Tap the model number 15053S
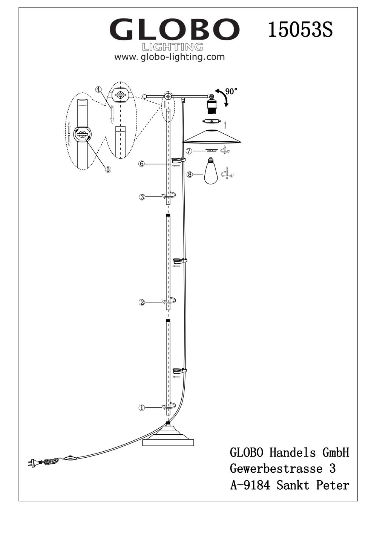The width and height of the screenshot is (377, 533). click(x=300, y=29)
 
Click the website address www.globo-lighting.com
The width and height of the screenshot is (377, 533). click(x=169, y=57)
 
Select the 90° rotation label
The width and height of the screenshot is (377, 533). click(x=231, y=92)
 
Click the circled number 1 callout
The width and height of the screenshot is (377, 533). click(x=142, y=408)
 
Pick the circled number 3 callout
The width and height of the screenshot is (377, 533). click(x=142, y=197)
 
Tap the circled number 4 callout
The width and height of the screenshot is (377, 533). click(x=99, y=89)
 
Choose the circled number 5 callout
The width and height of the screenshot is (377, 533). click(x=108, y=169)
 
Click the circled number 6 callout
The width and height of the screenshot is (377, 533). click(x=142, y=164)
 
